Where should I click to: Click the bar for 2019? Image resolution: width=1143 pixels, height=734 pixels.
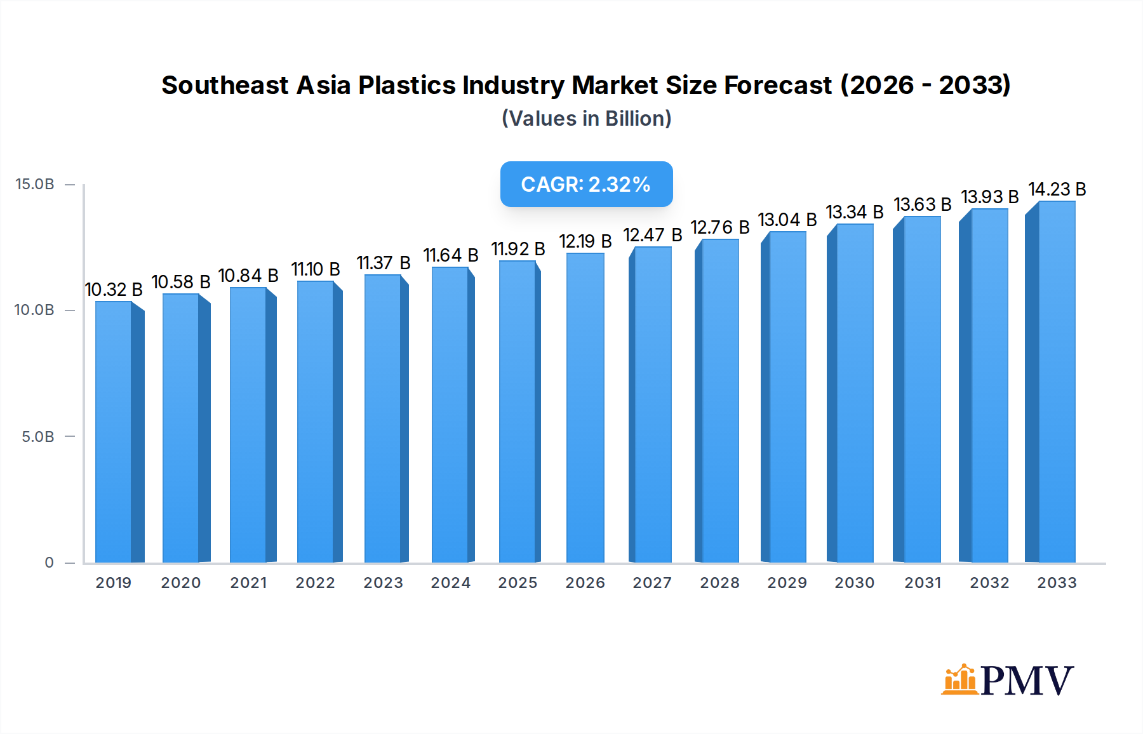tap(114, 432)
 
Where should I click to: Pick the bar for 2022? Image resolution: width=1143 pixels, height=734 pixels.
tap(316, 422)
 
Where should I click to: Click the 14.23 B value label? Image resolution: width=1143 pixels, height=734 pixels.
tap(1057, 189)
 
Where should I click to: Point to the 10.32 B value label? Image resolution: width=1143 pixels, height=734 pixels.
tap(114, 290)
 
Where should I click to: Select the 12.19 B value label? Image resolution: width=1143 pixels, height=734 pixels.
tap(585, 241)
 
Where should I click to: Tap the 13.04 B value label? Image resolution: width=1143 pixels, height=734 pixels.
tap(787, 220)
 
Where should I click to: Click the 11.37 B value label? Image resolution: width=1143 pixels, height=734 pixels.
tap(383, 263)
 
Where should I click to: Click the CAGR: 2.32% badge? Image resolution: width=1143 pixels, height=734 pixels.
tap(586, 184)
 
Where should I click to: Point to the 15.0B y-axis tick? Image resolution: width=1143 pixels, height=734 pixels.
tap(35, 184)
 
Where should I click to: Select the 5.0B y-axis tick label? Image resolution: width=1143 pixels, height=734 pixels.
tap(38, 437)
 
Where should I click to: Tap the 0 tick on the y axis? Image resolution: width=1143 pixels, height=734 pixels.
tap(49, 563)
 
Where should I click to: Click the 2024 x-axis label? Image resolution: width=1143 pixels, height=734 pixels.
tap(450, 583)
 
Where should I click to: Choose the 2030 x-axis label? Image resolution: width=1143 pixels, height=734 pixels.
tap(854, 583)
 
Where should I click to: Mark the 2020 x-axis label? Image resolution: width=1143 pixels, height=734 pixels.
tap(180, 583)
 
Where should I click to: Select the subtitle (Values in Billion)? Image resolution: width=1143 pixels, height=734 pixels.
tap(586, 119)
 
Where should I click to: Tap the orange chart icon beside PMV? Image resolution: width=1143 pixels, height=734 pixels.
tap(959, 680)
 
